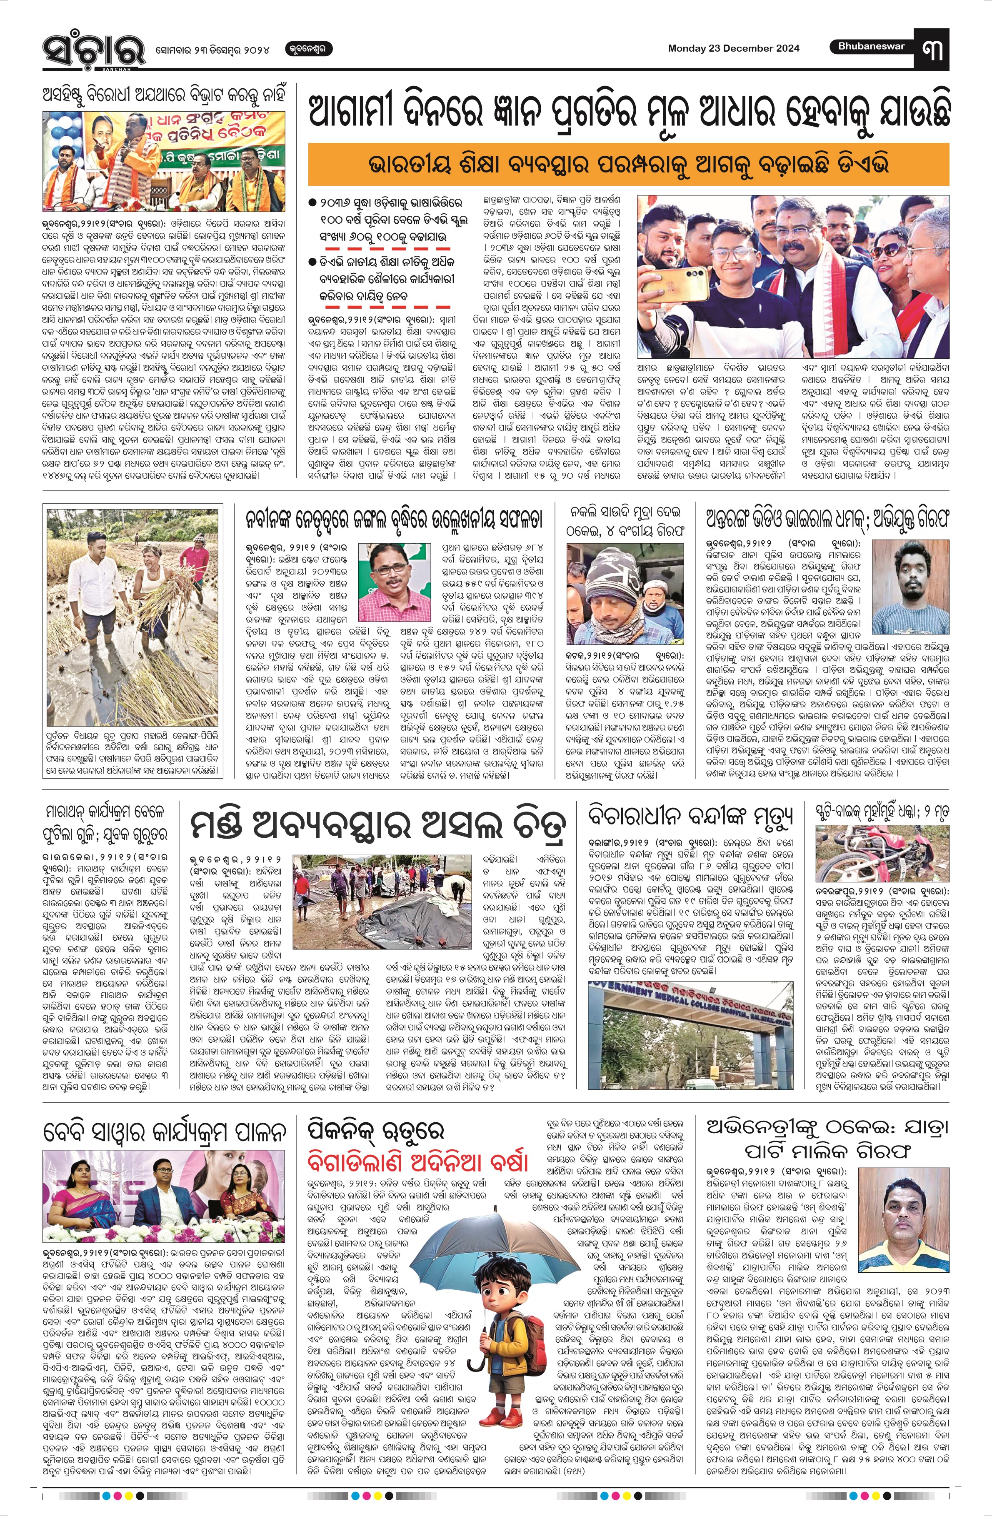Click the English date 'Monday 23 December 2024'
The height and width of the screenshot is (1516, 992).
[x=733, y=48]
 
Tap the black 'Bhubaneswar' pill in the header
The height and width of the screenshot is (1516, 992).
[x=871, y=47]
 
